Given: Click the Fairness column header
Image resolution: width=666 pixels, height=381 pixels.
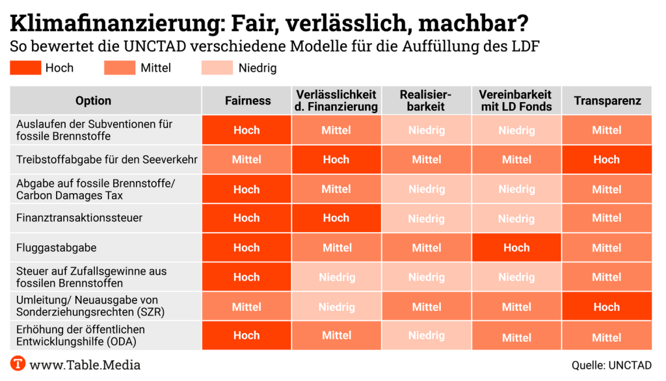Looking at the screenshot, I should (247, 101).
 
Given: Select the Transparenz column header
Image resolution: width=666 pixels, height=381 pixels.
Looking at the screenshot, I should (607, 101).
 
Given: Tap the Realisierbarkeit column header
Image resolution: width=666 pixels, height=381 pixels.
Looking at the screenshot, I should (427, 101).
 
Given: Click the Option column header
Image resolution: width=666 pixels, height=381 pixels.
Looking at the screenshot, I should (93, 101).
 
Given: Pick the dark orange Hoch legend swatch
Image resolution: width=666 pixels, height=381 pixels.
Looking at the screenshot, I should (25, 68).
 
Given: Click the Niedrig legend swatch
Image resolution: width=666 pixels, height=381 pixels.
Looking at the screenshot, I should (217, 68).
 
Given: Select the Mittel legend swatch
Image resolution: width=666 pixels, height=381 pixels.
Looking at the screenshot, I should (120, 68).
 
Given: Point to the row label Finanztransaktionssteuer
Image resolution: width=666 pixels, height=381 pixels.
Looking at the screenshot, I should (79, 218).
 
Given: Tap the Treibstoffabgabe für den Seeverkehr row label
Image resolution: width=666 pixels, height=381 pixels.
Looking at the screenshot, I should (107, 159).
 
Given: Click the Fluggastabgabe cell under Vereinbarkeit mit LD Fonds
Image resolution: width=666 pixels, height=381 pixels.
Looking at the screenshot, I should (516, 248).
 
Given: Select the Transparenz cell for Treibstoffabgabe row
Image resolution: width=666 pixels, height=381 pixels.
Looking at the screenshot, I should (607, 159).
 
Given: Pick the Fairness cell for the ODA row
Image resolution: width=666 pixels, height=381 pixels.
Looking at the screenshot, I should (247, 335).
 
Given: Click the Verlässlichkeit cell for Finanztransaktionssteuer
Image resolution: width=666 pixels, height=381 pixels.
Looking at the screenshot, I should (336, 218).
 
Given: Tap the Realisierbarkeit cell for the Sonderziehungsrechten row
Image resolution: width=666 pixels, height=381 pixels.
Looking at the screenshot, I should (427, 306).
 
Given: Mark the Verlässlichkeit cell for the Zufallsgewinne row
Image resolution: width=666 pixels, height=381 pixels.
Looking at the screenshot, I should (336, 277).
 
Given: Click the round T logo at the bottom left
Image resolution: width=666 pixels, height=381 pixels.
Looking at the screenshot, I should (18, 364).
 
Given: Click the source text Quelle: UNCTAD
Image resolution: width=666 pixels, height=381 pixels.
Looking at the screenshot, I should (611, 365).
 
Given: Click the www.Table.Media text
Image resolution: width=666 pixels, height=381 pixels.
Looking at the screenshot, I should (85, 365).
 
